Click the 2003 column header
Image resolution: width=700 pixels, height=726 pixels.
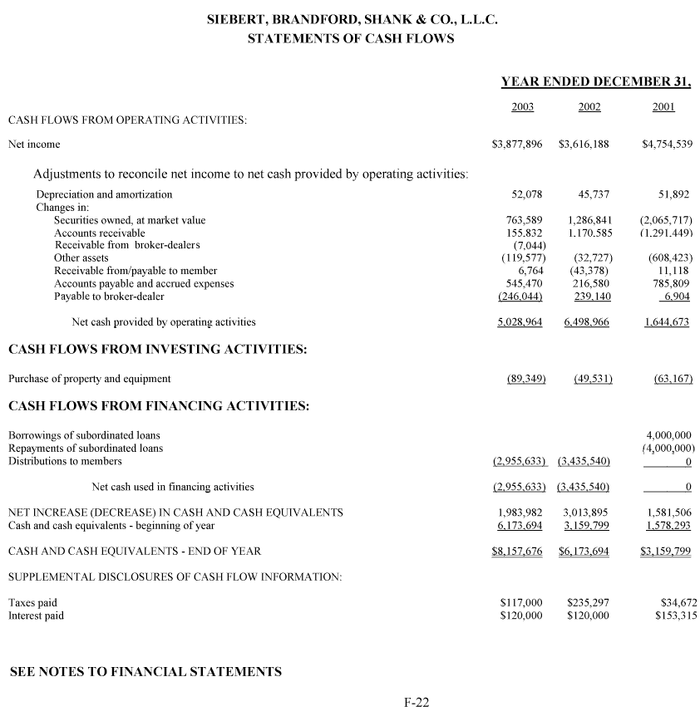(522, 107)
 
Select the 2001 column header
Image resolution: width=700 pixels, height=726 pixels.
(663, 107)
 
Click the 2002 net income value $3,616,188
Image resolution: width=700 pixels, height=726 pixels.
(584, 145)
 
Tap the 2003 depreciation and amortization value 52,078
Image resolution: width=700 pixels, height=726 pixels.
(526, 194)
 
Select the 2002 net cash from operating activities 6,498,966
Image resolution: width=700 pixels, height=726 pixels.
(586, 322)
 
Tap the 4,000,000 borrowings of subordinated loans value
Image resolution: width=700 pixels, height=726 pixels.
(668, 434)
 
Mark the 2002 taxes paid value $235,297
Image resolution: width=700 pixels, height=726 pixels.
(588, 602)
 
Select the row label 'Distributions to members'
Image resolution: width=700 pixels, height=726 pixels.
(65, 461)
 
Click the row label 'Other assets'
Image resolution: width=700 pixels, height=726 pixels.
(81, 258)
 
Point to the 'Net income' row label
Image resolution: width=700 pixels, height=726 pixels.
(34, 145)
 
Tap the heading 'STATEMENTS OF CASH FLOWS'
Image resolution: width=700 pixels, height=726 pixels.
(351, 39)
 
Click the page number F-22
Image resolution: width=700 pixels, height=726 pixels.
(417, 704)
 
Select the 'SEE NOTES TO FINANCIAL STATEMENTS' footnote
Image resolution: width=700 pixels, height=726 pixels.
(145, 672)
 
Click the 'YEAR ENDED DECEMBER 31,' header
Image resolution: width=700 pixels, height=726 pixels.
(596, 82)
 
